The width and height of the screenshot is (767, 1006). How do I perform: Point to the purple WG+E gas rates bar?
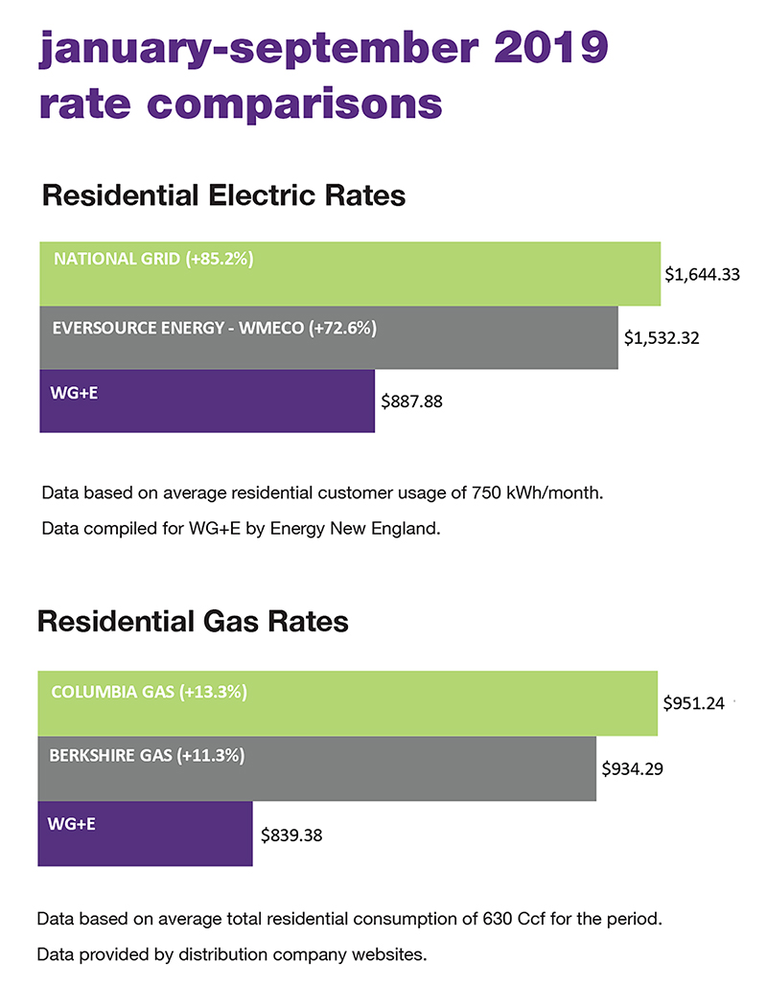click(x=144, y=834)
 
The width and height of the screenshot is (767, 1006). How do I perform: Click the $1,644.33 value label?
click(x=702, y=275)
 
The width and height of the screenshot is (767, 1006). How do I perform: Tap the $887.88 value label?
click(x=411, y=402)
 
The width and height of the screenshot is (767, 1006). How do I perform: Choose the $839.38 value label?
click(x=291, y=835)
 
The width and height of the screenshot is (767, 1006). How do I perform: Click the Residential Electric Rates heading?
click(x=223, y=195)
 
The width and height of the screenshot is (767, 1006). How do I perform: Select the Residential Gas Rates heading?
click(x=192, y=622)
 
